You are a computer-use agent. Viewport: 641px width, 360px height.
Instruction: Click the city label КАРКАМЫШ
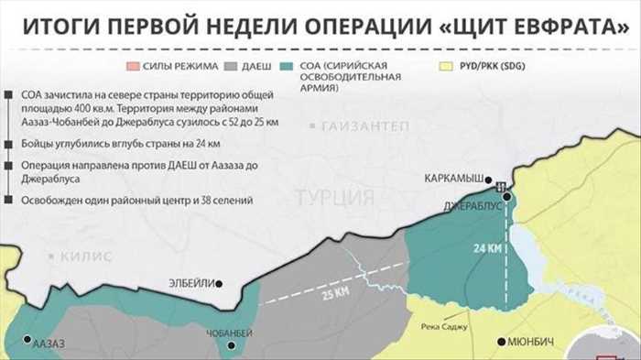pyautogui.click(x=452, y=179)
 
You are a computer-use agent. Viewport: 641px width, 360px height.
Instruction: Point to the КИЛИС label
pyautogui.click(x=87, y=257)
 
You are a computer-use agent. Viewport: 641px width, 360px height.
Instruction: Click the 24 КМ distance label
pyautogui.click(x=487, y=248)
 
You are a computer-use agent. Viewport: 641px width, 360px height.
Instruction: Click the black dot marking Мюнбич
pyautogui.click(x=500, y=342)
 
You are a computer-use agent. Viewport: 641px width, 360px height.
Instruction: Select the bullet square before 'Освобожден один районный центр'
pyautogui.click(x=9, y=200)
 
